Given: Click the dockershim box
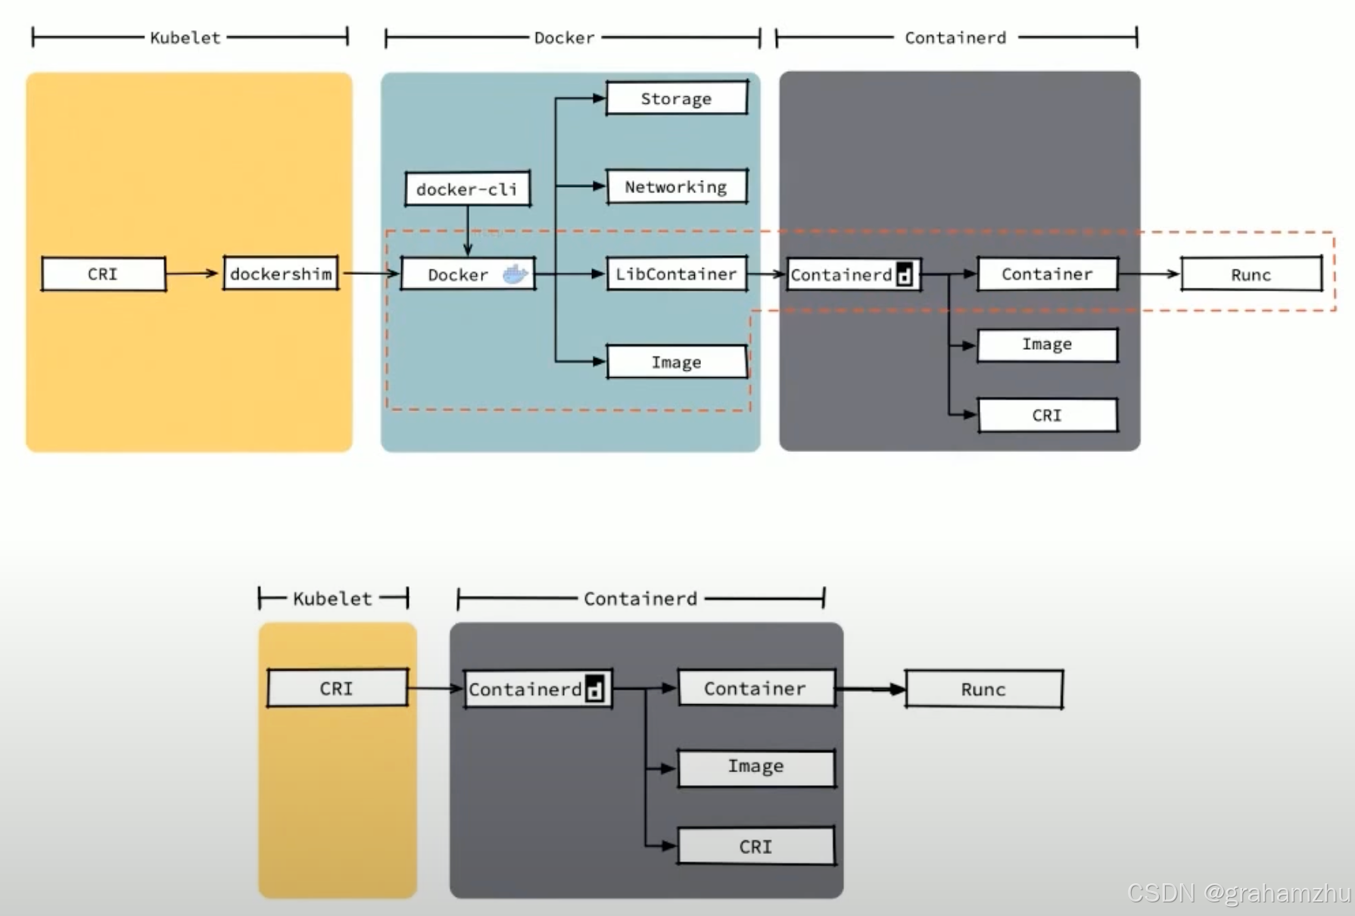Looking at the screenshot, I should coord(281,273).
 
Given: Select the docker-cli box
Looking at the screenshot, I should coord(467,188).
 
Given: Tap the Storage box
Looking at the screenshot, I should coord(676,98).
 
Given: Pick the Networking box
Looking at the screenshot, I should coord(676,186).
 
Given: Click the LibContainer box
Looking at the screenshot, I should coord(676,274).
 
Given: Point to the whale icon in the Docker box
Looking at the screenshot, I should coord(516,274).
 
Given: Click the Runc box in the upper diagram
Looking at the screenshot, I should coord(1251,274).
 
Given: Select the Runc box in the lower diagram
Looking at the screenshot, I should coord(983,689).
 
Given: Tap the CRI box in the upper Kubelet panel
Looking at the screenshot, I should coord(103,274).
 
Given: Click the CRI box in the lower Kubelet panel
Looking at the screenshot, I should coord(337,688).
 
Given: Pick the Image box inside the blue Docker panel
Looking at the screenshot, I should coord(676,362).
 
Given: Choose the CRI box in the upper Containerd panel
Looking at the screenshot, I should coord(1047,415).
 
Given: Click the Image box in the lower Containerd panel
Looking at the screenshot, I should coord(756,768).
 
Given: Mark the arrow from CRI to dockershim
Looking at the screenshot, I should coord(194,273).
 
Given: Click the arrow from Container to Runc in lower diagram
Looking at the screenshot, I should coord(871,689).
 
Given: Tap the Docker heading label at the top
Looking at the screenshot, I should coord(565,38).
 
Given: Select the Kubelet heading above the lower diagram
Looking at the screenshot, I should coord(332,599).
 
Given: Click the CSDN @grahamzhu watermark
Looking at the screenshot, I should coord(1238,893).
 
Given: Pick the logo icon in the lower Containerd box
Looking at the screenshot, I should coord(595,689).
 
